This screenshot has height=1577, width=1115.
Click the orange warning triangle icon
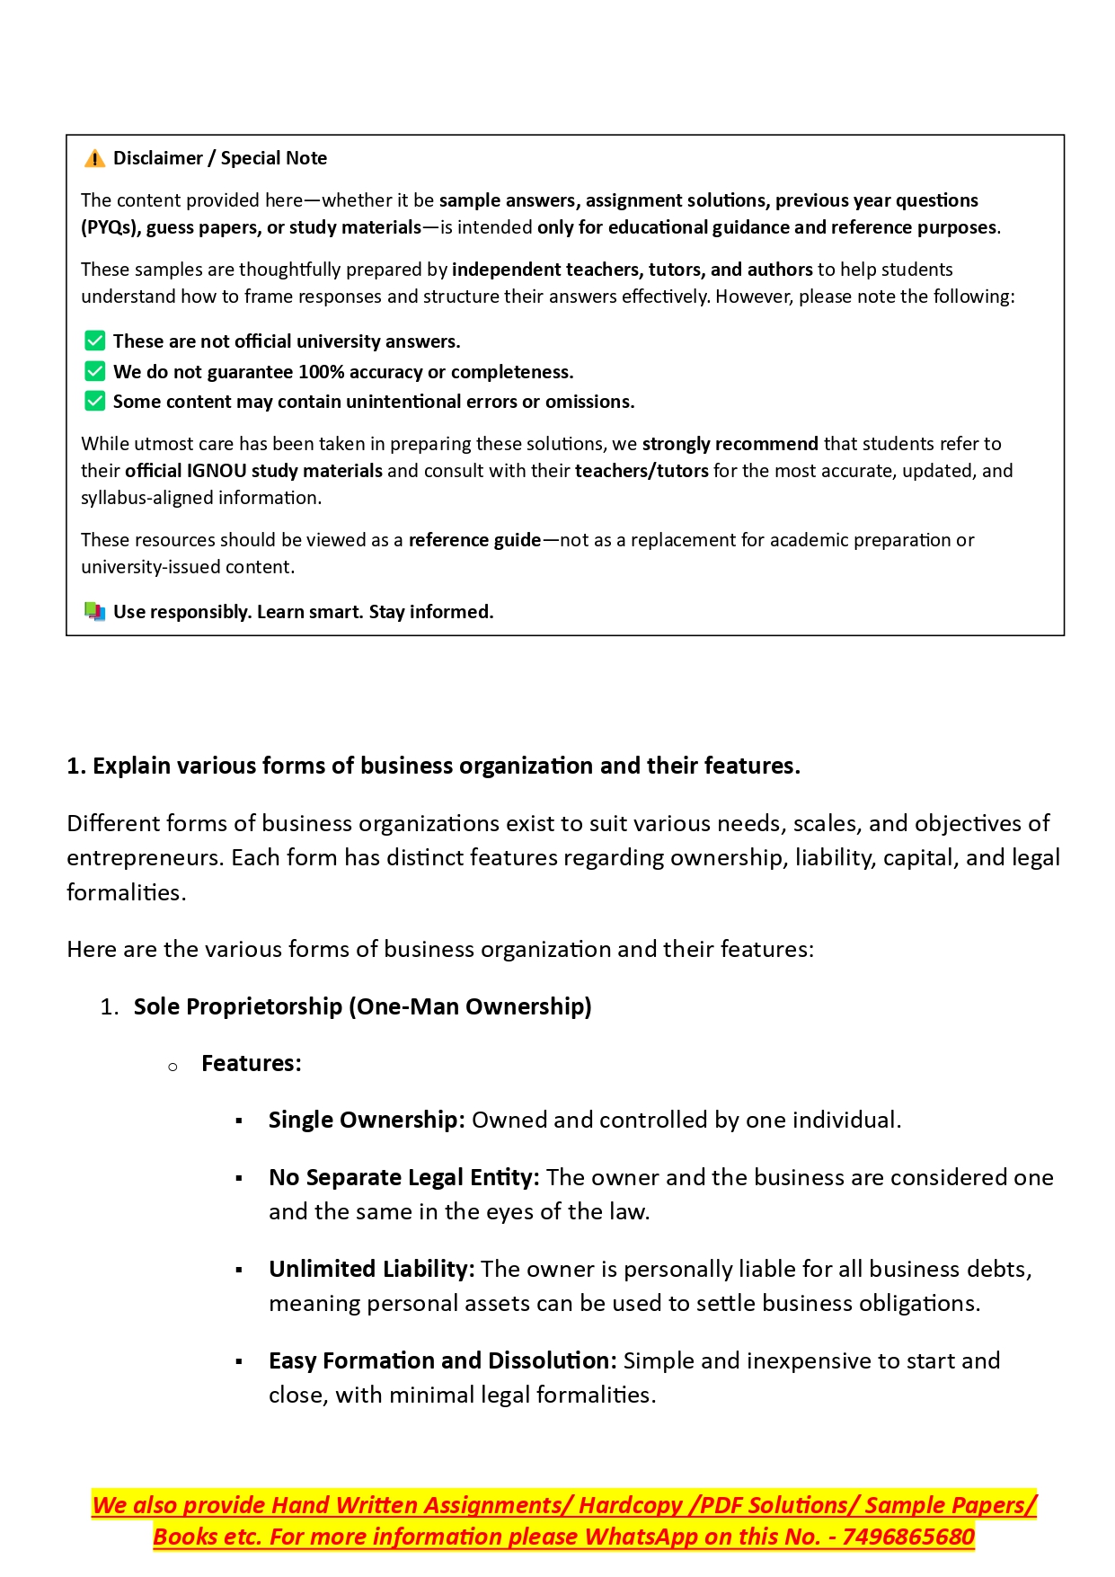[94, 159]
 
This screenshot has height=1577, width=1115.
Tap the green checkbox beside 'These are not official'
[94, 341]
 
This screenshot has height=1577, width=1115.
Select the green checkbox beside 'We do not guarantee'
[94, 371]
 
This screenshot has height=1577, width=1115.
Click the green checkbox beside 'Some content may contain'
[94, 401]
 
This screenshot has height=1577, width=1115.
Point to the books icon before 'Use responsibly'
[94, 612]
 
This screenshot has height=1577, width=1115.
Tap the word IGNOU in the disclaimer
[217, 471]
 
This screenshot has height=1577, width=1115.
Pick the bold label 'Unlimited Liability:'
[371, 1269]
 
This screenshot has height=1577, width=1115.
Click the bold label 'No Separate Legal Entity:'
[403, 1177]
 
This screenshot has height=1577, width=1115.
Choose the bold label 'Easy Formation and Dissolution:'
[442, 1360]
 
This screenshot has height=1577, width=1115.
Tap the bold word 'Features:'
[252, 1063]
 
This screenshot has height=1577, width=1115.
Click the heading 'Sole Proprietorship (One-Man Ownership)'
[362, 1006]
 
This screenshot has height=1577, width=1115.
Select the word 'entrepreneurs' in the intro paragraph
[145, 858]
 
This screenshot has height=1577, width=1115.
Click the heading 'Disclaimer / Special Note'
[220, 158]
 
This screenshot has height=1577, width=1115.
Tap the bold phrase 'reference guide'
[474, 540]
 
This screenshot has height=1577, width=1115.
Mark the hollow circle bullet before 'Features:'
[173, 1067]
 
